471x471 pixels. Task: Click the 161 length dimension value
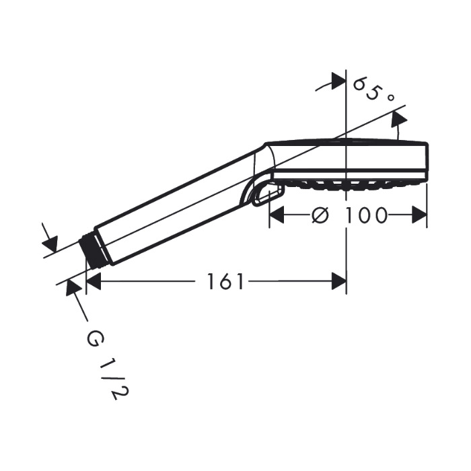click(x=225, y=281)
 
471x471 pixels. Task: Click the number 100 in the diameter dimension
click(x=365, y=215)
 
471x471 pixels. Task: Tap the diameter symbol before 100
click(x=320, y=215)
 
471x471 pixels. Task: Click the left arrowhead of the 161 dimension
click(x=93, y=281)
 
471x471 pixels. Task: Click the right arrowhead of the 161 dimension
click(x=339, y=281)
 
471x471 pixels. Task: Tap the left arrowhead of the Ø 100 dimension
click(x=277, y=215)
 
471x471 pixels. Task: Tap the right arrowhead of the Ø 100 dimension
click(x=419, y=215)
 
